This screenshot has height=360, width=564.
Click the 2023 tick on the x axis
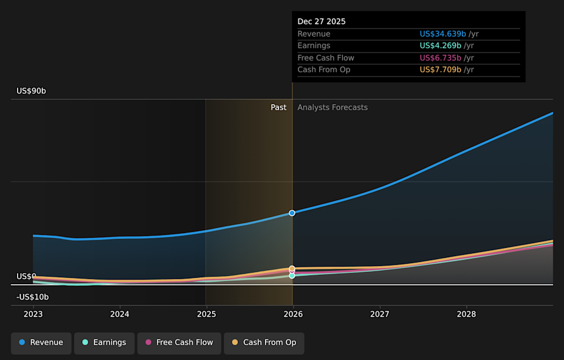coord(33,314)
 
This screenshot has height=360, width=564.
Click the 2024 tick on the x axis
coord(120,314)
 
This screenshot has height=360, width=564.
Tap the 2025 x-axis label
coord(206,314)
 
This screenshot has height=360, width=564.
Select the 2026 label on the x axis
coord(293,314)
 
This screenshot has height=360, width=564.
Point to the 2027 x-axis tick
coord(380,314)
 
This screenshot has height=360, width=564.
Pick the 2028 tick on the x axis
coord(466,314)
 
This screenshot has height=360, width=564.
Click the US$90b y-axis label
coord(31,91)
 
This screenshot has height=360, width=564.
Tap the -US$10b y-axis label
coord(32,297)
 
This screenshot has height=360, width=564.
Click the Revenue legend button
coord(41,342)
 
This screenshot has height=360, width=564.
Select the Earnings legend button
coord(104,342)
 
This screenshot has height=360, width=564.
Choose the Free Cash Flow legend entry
coord(179,342)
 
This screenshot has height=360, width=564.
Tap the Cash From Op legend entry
coord(264,342)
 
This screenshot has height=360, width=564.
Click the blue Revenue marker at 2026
coord(292,213)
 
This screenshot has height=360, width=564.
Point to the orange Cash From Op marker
coord(292,268)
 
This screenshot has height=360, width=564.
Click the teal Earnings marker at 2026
coord(292,275)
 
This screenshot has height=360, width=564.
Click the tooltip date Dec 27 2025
coord(321,22)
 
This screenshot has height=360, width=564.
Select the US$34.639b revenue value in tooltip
coord(442,34)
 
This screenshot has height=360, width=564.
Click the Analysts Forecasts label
coord(333,107)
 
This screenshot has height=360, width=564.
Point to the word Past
coord(278,107)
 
